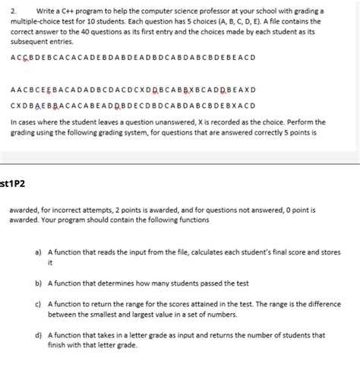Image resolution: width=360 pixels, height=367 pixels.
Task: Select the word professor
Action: tap(207, 11)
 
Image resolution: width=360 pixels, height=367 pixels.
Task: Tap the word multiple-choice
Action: tap(36, 21)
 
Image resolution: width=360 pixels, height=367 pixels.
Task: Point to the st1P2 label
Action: tap(14, 182)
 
